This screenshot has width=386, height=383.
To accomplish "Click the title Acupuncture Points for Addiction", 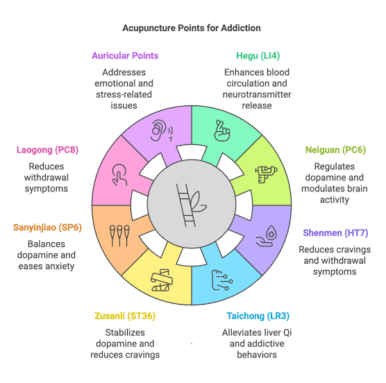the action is point(192,28).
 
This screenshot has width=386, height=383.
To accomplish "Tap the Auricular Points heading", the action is point(125,56).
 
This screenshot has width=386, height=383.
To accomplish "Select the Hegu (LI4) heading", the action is point(258,56).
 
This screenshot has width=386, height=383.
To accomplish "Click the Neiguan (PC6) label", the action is point(335,150).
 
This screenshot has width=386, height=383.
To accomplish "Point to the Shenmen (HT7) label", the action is point(335,232).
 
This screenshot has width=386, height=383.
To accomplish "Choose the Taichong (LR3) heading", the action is point(258,316).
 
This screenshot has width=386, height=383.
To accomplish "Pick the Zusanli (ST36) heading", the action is point(125,316).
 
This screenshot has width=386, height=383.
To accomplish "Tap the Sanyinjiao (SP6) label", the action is point(47,228).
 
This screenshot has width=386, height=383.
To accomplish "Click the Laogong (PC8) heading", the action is point(47,150).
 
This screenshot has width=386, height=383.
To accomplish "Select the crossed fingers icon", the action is point(222,130).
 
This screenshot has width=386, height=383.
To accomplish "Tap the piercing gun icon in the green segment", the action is point(266,174).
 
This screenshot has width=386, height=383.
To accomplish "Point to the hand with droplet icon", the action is point(267,236).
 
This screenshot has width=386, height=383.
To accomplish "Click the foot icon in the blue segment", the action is point(222,280).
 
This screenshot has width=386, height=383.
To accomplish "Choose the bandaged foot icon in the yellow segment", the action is point(162,280).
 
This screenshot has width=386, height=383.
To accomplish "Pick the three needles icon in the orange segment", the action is point(119,236).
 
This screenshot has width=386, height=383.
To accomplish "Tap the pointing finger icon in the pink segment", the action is point(119,175).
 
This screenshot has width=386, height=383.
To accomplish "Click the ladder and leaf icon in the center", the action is point(191,205).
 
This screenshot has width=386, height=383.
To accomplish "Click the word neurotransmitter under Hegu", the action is point(257,94).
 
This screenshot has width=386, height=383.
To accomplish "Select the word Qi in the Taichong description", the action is point(287,332).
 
